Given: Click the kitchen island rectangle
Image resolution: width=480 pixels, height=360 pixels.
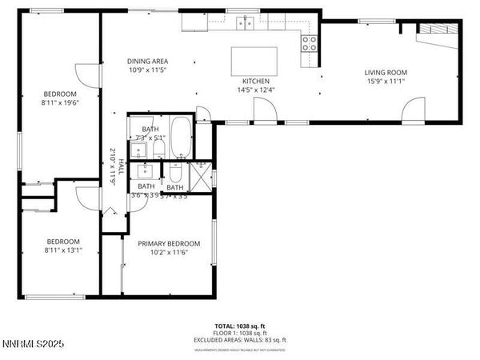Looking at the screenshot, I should pyautogui.click(x=255, y=60).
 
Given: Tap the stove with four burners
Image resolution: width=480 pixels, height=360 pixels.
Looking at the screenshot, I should pyautogui.click(x=309, y=44).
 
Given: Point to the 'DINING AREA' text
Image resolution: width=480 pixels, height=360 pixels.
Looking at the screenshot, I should pyautogui.click(x=147, y=62).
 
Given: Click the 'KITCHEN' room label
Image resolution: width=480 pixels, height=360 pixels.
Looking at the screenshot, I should pyautogui.click(x=256, y=82).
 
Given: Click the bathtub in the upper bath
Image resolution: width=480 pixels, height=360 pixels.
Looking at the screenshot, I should pyautogui.click(x=182, y=136).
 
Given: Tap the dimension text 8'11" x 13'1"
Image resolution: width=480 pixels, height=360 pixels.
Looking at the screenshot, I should pyautogui.click(x=64, y=250).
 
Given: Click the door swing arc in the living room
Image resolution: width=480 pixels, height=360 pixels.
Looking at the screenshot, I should pyautogui.click(x=415, y=108).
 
